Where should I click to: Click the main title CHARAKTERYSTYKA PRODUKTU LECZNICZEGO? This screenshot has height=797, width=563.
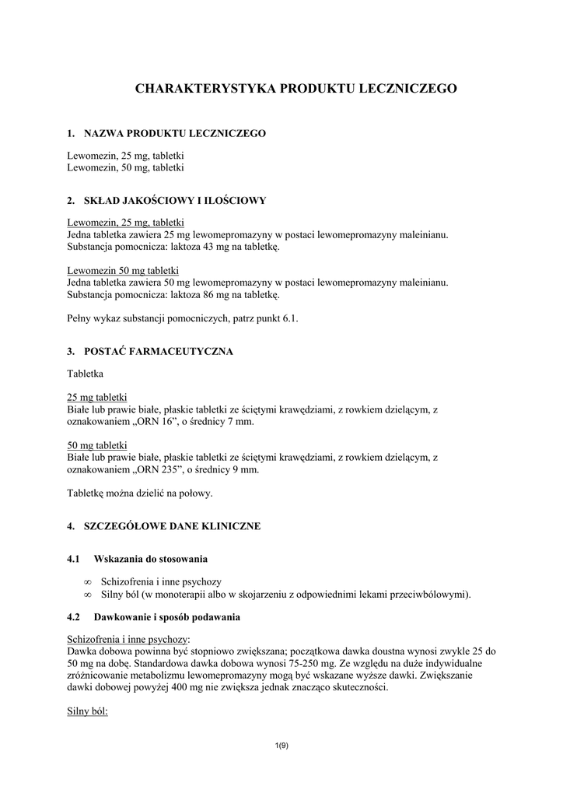pyautogui.click(x=296, y=89)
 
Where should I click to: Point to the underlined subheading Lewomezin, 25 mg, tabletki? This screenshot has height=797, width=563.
pyautogui.click(x=125, y=223)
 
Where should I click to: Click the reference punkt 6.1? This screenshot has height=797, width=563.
pyautogui.click(x=278, y=318)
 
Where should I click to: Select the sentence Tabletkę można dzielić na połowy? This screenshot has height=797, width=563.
pyautogui.click(x=140, y=493)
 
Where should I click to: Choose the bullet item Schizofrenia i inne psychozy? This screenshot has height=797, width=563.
pyautogui.click(x=162, y=581)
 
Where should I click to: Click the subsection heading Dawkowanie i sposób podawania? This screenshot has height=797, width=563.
pyautogui.click(x=166, y=617)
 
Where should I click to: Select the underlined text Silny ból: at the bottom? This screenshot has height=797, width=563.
pyautogui.click(x=87, y=711)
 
